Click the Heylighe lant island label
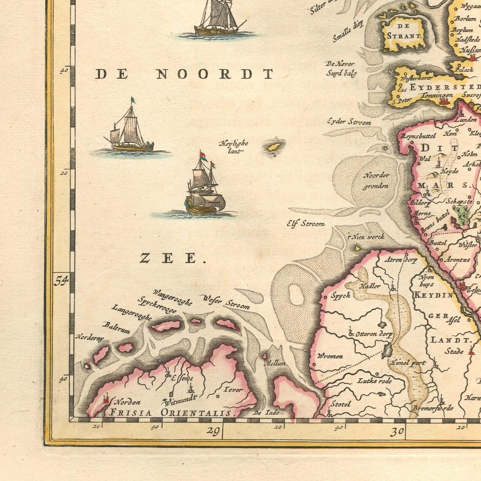(233, 146)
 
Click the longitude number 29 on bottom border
(214, 431)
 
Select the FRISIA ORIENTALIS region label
(171, 413)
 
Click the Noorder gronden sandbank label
(376, 180)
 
